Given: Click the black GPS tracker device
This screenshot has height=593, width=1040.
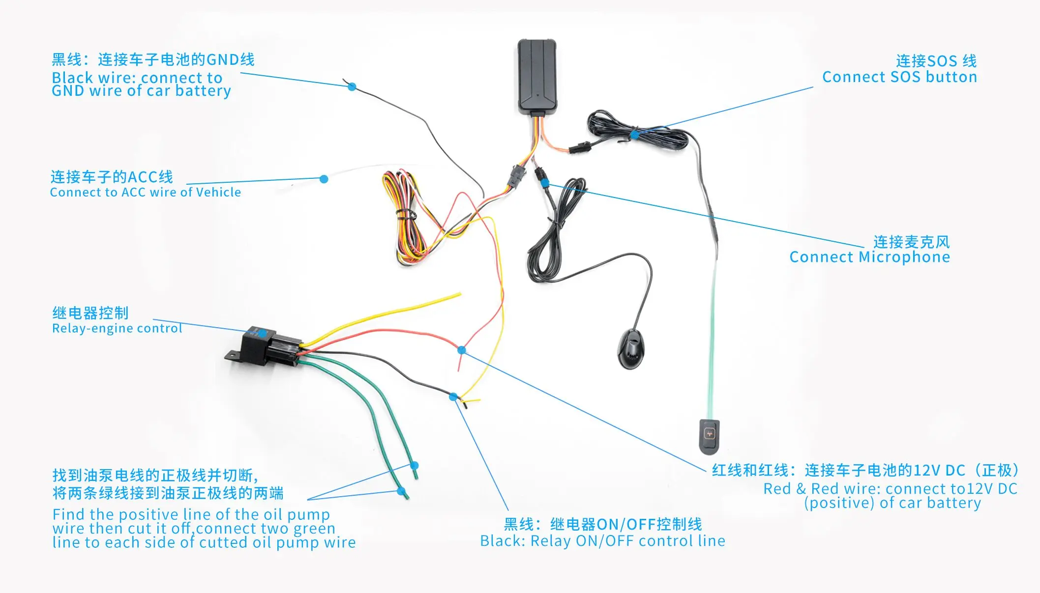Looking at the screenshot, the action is pyautogui.click(x=537, y=76).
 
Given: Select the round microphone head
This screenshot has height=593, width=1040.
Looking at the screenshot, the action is pyautogui.click(x=630, y=349).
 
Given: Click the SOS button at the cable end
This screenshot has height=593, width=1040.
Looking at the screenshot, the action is pyautogui.click(x=709, y=435).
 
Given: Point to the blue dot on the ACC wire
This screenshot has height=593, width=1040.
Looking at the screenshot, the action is pyautogui.click(x=324, y=179).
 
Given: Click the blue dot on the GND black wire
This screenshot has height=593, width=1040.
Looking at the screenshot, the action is pyautogui.click(x=352, y=87).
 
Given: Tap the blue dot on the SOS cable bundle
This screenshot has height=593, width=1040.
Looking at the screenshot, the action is pyautogui.click(x=635, y=134).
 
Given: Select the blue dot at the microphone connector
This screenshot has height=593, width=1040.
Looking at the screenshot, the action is pyautogui.click(x=545, y=183).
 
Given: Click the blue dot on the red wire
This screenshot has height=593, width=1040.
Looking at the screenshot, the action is pyautogui.click(x=461, y=350).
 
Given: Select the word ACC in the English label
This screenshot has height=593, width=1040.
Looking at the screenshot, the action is pyautogui.click(x=133, y=193).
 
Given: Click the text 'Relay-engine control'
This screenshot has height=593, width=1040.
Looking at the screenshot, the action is pyautogui.click(x=117, y=329).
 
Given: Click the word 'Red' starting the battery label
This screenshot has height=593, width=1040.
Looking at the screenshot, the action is pyautogui.click(x=777, y=489).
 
